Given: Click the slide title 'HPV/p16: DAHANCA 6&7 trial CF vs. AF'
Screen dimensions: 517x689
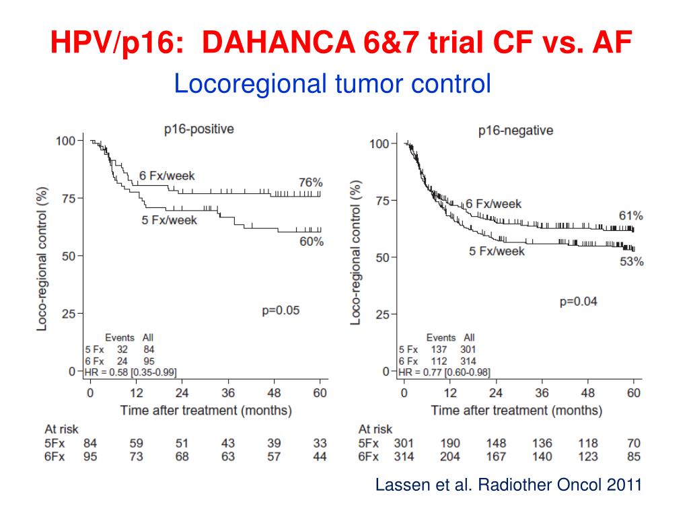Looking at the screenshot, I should (342, 45).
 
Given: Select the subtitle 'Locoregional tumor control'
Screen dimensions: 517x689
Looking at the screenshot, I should (332, 84).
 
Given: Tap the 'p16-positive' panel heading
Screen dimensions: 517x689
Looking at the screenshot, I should (199, 129).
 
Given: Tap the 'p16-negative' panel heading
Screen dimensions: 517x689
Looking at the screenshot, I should (515, 131).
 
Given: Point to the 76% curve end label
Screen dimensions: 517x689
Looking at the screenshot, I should (311, 182).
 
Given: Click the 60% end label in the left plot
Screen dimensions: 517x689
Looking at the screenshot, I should (311, 241).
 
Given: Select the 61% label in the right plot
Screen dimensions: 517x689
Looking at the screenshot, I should (630, 216).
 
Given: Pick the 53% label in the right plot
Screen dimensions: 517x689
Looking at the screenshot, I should (631, 262).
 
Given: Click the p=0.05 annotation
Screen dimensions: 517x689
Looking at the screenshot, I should (281, 310).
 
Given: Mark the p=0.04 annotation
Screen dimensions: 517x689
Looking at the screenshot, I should (578, 302).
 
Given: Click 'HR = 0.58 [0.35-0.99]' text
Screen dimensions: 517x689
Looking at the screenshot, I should (131, 372).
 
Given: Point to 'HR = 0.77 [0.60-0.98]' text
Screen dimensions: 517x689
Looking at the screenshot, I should (444, 372).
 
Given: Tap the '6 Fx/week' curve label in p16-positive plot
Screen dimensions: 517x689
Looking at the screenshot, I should (167, 176).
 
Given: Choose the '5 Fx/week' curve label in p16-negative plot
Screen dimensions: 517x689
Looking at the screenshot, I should (497, 251).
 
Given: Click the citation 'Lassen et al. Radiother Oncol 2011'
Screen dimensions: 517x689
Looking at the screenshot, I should (508, 485).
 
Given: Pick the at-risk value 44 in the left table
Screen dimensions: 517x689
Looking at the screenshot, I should (320, 456).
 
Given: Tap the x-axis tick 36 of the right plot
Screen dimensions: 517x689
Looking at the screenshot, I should (542, 393).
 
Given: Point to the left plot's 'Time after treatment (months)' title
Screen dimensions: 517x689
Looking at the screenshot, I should (206, 409).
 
